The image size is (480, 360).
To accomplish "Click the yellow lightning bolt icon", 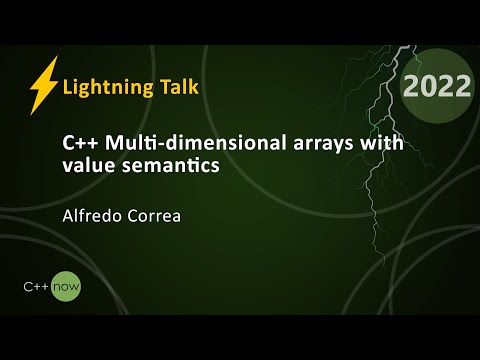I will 43,86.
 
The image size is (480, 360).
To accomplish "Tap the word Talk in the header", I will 176,86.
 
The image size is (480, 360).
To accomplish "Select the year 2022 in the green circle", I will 437,86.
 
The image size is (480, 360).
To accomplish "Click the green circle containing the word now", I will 67,287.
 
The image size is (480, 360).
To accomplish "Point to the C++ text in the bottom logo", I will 38,287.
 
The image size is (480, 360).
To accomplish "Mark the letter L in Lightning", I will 67,86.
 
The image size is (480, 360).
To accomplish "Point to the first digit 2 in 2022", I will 412,86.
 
